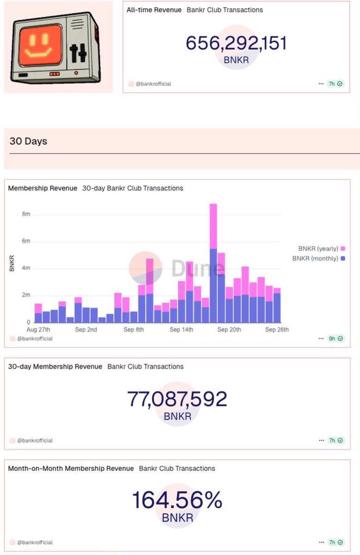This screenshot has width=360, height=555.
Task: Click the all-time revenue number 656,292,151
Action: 236,43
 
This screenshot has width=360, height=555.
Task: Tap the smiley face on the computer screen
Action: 40,45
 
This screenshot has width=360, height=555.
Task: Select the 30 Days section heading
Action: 28,141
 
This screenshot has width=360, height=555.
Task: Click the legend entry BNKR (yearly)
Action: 318,248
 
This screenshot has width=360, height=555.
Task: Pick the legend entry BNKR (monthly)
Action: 318,259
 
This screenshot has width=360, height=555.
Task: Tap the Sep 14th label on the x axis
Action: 181,330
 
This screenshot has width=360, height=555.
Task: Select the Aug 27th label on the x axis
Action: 38,330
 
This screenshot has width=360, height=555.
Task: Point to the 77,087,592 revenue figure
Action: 177,399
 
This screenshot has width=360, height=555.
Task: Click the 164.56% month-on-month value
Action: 177,500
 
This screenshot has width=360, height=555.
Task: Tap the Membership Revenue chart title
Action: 43,188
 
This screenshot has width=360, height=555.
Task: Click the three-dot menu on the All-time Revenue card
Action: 321,84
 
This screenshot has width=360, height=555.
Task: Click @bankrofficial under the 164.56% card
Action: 35,542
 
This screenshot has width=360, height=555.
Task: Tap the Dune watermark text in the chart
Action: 198,269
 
